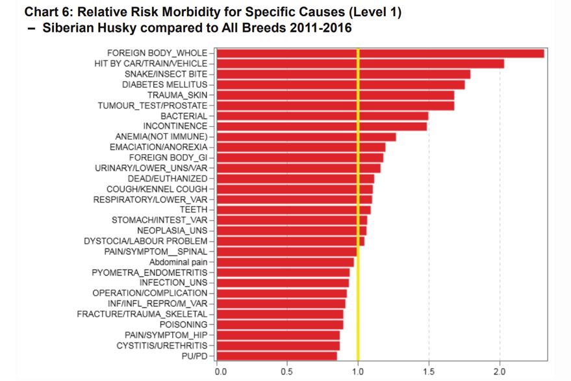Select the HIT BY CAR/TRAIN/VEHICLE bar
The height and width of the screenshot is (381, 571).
pyautogui.click(x=360, y=63)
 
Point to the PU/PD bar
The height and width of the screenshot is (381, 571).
pyautogui.click(x=277, y=356)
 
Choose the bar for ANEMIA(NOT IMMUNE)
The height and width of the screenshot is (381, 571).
pyautogui.click(x=306, y=137)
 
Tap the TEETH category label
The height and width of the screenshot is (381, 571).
pyautogui.click(x=194, y=209)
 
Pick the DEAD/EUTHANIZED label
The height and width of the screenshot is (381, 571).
pyautogui.click(x=168, y=178)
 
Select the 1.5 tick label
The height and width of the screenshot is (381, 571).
pyautogui.click(x=429, y=371)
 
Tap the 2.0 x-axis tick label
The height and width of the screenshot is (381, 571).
pyautogui.click(x=499, y=371)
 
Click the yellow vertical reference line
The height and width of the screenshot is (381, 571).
pyautogui.click(x=358, y=195)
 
